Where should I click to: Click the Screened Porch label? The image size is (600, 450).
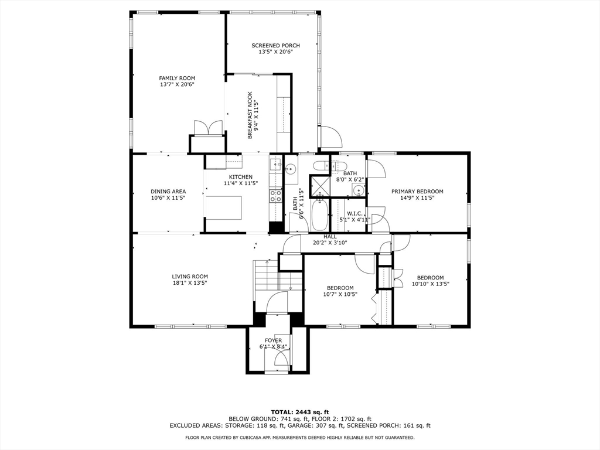[x=275, y=46]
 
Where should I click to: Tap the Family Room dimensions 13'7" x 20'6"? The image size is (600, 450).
[x=177, y=84]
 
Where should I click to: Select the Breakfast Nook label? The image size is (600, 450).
[x=250, y=115]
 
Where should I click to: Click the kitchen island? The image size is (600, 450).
[x=224, y=208]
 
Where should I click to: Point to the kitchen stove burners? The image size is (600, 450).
[x=275, y=196]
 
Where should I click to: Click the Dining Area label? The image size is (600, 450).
[x=168, y=192]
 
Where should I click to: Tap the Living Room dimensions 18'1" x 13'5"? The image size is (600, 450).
[x=190, y=283]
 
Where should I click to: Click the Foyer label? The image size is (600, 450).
[x=273, y=340]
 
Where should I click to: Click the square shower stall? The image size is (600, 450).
[x=319, y=185]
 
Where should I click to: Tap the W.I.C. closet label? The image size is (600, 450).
[x=354, y=213]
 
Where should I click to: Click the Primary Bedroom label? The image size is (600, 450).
[x=417, y=192]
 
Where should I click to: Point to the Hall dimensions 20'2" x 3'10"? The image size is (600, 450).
[x=330, y=243]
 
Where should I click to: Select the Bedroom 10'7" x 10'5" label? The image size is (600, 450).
[x=340, y=288]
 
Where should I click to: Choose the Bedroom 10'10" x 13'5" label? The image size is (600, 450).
[x=431, y=278]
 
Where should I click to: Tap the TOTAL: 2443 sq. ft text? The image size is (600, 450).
[x=300, y=412]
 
